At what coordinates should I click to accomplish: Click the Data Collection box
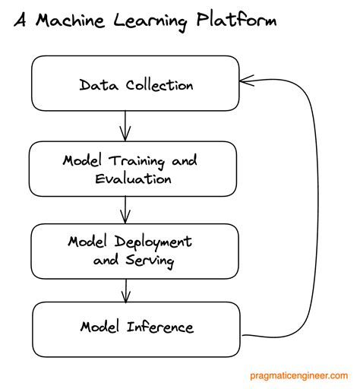click(135, 84)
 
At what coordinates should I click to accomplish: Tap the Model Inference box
click(135, 328)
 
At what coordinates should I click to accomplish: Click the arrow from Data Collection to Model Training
click(126, 126)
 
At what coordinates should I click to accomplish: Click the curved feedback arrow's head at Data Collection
click(245, 78)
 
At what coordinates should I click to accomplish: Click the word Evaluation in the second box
click(134, 179)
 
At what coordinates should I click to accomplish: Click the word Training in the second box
click(139, 161)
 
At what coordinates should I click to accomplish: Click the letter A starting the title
click(21, 20)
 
